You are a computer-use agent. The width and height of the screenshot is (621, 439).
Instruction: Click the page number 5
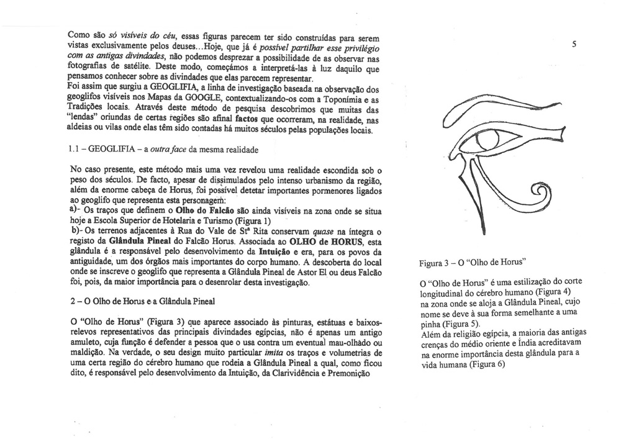[576, 45]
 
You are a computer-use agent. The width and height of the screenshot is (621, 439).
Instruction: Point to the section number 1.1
[75, 150]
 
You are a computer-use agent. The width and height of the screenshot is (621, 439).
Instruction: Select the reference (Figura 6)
[484, 365]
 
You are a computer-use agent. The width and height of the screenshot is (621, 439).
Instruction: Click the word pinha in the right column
[431, 324]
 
